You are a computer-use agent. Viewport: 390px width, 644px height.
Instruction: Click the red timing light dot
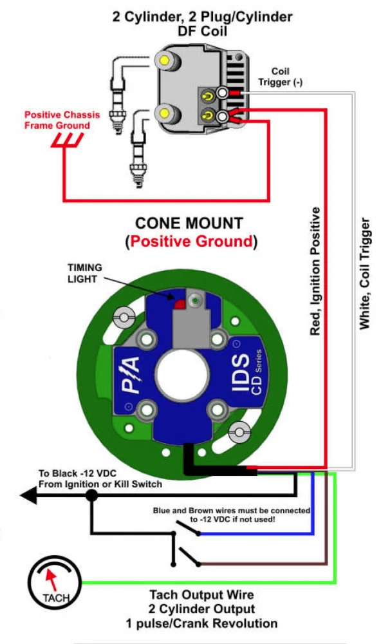[180, 305]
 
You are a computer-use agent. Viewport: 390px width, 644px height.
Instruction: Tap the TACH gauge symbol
[54, 582]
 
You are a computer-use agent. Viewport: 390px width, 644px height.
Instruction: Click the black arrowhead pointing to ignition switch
[29, 495]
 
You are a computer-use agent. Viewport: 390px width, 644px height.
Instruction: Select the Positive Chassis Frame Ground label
[62, 120]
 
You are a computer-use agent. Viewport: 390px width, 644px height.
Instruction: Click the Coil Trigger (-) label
[281, 77]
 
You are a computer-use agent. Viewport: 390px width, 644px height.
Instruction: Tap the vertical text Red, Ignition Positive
[315, 271]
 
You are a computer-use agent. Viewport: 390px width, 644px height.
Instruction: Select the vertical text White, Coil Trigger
[364, 273]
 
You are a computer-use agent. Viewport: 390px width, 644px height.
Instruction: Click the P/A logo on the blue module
[131, 375]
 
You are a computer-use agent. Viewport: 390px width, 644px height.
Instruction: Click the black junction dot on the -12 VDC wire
[91, 495]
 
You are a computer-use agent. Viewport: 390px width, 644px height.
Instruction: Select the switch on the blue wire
[187, 528]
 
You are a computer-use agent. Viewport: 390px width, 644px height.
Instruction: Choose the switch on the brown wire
[187, 556]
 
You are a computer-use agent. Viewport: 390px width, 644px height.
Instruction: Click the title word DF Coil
[202, 31]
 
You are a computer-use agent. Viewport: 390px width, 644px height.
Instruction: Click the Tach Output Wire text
[201, 594]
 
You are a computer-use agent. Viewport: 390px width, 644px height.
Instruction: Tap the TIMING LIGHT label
[85, 273]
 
